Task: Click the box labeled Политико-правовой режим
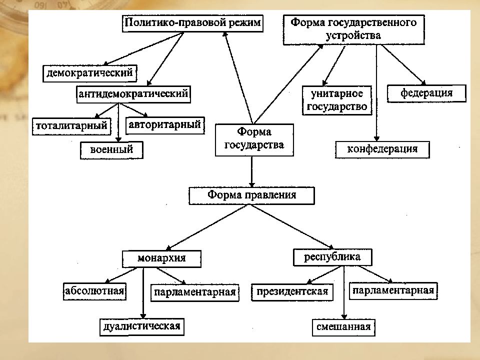click(192, 23)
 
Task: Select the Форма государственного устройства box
click(353, 29)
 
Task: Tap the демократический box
click(89, 73)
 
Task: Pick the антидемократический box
click(133, 94)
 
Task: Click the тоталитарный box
click(71, 126)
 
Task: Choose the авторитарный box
click(165, 125)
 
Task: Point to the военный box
click(111, 150)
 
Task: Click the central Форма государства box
click(254, 140)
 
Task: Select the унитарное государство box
click(337, 100)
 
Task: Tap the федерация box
click(426, 93)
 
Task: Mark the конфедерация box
click(382, 149)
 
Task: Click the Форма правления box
click(251, 195)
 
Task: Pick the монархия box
click(161, 259)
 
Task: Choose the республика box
click(333, 257)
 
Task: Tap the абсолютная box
click(94, 291)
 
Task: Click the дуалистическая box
click(142, 327)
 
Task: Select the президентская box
click(292, 292)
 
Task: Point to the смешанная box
click(344, 327)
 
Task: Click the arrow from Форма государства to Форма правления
click(251, 171)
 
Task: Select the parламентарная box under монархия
click(195, 293)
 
